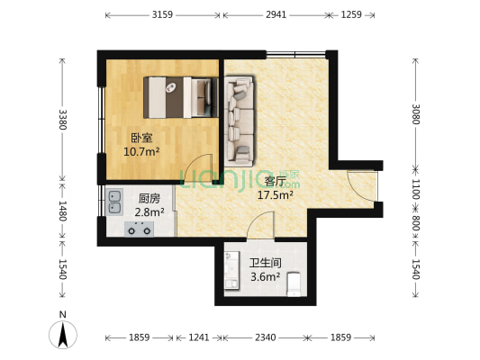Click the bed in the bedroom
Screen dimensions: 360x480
click(x=180, y=97)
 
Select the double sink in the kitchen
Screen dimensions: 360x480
click(x=115, y=201)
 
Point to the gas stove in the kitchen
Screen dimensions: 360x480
click(x=138, y=229)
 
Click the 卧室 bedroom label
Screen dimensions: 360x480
click(x=141, y=138)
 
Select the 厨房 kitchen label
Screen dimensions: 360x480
click(x=149, y=198)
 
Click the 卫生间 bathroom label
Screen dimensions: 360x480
click(x=266, y=263)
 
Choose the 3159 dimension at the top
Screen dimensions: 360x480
click(x=163, y=15)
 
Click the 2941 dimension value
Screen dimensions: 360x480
click(x=277, y=15)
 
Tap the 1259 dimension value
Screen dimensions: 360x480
click(x=351, y=15)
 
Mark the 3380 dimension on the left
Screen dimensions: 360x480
click(x=62, y=119)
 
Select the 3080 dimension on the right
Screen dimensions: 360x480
click(x=415, y=114)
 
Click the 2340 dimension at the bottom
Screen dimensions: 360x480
click(x=265, y=337)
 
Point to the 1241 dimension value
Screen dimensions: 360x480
click(x=199, y=337)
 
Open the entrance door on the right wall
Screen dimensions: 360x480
click(x=364, y=186)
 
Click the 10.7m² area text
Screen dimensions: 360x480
click(x=141, y=152)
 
